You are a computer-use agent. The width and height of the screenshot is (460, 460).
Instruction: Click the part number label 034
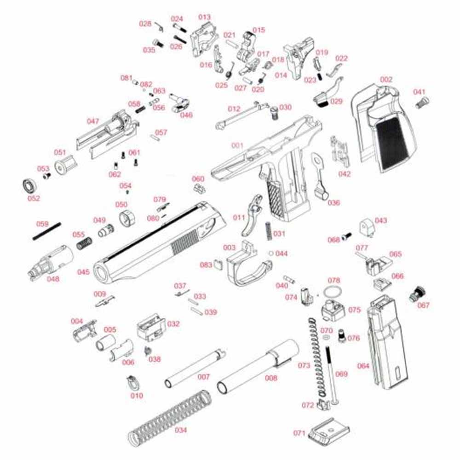pos(181,431)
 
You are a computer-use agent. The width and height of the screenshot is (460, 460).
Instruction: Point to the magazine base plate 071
pos(328,432)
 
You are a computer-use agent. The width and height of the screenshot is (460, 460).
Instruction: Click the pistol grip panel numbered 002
pos(384,129)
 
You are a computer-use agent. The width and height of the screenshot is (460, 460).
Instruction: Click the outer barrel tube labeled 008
pos(258,366)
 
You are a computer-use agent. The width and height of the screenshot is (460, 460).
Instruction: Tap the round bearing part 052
pos(29,186)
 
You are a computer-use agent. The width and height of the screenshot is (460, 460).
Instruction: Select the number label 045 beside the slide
pos(83,272)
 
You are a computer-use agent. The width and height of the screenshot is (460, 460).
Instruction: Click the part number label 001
pos(237,145)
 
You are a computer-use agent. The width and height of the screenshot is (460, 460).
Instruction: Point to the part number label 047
pos(93,121)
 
